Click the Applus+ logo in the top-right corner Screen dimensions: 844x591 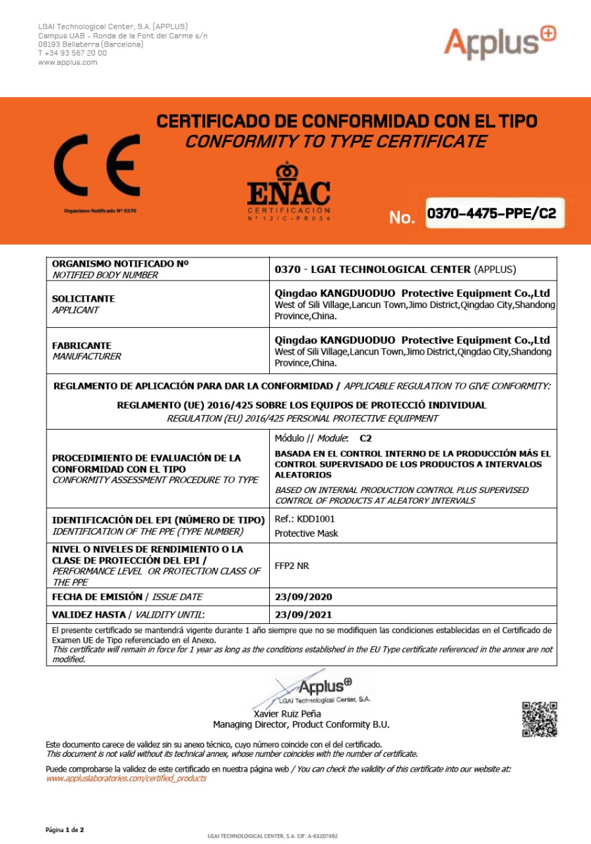(x=499, y=42)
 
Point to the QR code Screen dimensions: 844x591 (x=540, y=719)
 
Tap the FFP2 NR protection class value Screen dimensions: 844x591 (x=292, y=565)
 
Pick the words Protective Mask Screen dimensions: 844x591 (x=306, y=533)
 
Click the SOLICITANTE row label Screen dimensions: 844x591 (x=83, y=299)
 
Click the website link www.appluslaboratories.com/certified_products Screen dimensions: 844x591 (x=126, y=779)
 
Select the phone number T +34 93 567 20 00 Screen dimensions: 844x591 (x=72, y=53)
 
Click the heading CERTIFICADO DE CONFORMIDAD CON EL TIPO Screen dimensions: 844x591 (x=346, y=122)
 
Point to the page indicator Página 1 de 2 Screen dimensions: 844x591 (x=65, y=830)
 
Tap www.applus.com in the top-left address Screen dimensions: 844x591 (x=67, y=62)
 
